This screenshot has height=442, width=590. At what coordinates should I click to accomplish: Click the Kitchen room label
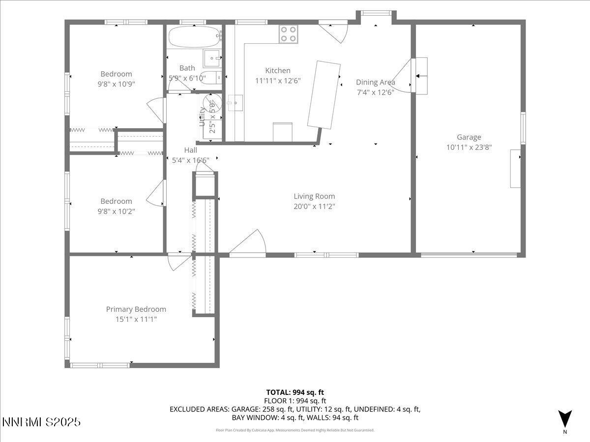point(278,71)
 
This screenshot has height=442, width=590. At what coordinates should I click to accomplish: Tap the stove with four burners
point(289,34)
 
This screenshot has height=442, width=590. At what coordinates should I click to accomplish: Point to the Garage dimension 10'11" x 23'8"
point(469,147)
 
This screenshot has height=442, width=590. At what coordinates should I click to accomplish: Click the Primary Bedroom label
point(136,309)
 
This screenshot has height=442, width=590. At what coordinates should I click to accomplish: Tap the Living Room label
point(314,196)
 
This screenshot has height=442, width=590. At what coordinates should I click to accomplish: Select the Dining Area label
point(375,83)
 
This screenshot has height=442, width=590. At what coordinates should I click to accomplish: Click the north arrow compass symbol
point(565,419)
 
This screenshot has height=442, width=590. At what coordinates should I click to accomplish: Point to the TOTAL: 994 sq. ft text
point(295,392)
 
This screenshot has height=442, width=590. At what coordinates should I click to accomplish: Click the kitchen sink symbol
point(235,103)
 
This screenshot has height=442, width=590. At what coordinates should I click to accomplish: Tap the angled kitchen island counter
point(324,95)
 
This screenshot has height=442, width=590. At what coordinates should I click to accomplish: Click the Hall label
point(190,150)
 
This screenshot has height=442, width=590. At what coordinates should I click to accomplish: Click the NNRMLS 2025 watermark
point(41,422)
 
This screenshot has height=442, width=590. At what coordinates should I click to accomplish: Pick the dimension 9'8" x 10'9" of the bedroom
point(117,84)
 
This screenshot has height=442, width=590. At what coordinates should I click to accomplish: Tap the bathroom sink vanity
point(213,58)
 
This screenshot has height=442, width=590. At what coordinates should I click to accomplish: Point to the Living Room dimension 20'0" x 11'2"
point(314,206)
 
